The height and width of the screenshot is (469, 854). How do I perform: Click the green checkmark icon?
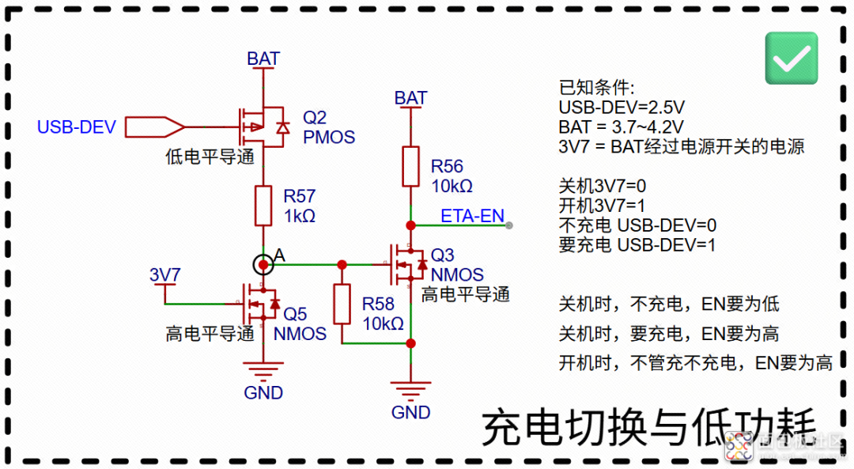tap(792, 58)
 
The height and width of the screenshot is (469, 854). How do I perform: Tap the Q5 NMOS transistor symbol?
tap(261, 303)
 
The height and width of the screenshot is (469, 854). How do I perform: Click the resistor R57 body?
tap(263, 205)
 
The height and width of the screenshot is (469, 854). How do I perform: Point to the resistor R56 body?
tap(410, 166)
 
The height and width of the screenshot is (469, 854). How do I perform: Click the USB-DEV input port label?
tap(77, 127)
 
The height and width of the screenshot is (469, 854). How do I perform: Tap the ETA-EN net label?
tap(472, 215)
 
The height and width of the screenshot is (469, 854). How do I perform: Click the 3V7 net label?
tap(165, 275)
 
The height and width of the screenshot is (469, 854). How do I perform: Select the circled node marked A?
tap(263, 264)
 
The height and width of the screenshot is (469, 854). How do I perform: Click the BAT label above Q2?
tap(263, 59)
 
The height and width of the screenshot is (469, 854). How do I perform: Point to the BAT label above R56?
tap(410, 98)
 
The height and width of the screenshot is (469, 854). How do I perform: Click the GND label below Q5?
tap(263, 392)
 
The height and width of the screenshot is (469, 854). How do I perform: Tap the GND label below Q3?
tap(410, 412)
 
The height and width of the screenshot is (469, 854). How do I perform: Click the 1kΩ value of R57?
tap(300, 215)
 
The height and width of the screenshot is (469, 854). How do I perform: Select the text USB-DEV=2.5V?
tap(621, 107)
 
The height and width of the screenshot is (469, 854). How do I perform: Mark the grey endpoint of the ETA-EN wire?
tap(508, 225)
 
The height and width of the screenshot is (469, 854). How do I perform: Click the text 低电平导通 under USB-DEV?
tap(210, 157)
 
